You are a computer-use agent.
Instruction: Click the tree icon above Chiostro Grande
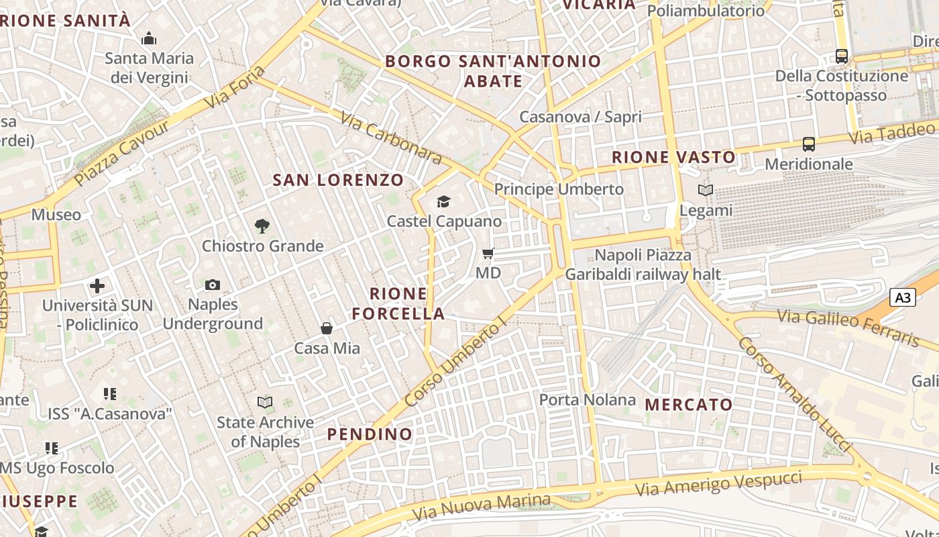tap(262, 226)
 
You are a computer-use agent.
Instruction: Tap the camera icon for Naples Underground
tap(213, 285)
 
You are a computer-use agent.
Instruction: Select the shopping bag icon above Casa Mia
tap(327, 328)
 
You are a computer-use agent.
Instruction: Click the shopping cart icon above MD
tap(488, 254)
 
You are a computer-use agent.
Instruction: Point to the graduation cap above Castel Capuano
tap(443, 201)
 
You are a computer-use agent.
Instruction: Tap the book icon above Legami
tap(706, 191)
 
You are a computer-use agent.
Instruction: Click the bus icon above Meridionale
tap(809, 144)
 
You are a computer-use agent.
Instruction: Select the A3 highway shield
tap(903, 297)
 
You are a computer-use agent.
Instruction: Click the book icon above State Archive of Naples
tap(266, 403)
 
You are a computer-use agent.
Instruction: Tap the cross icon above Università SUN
tap(97, 286)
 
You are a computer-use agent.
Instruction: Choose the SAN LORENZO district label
tap(338, 180)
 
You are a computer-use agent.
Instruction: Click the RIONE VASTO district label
tap(673, 158)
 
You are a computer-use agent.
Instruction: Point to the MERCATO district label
tap(689, 405)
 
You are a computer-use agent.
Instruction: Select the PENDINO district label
tap(370, 434)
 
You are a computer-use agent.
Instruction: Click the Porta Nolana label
tap(588, 400)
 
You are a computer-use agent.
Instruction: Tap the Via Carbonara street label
tap(392, 138)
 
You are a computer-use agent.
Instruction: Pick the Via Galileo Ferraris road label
tap(848, 328)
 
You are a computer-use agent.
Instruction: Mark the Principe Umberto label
tap(559, 189)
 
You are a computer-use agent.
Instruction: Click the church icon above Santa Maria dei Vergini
tap(149, 39)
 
